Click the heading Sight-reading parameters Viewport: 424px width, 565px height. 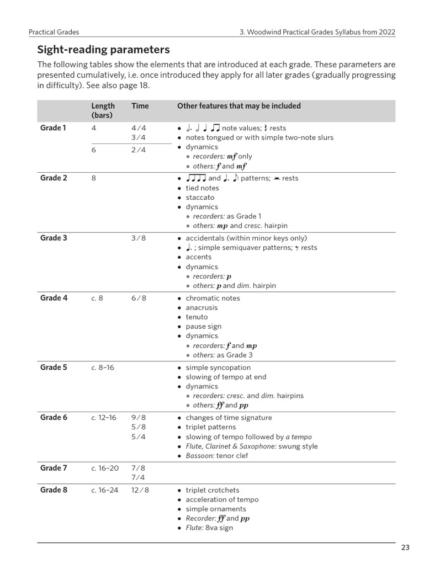pos(103,50)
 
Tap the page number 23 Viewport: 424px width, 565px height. pos(405,548)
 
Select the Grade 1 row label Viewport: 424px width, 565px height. pos(53,128)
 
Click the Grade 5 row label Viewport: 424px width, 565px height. pos(53,367)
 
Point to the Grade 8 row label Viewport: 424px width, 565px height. pos(53,490)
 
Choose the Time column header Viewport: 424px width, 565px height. pos(140,106)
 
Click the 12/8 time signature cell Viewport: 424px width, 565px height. pos(140,490)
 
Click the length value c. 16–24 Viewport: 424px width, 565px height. pos(105,490)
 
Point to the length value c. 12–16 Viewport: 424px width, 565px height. pos(104,418)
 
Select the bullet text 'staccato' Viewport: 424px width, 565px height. pos(200,198)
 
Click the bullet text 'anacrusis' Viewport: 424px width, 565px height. pos(202,308)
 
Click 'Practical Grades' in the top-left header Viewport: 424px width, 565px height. pos(54,33)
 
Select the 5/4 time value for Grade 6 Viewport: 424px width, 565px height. pos(139,436)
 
